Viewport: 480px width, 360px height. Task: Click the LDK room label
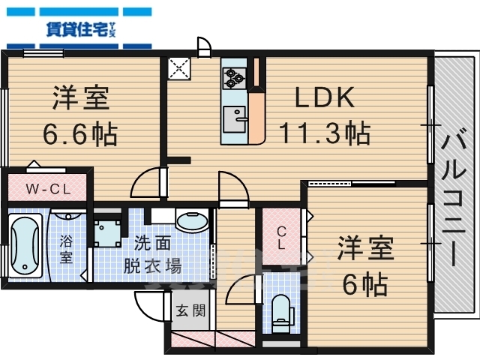pyautogui.click(x=323, y=98)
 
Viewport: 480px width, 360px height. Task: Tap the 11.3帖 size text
pyautogui.click(x=324, y=133)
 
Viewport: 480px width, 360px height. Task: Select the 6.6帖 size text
pyautogui.click(x=79, y=135)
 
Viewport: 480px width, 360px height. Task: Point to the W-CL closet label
pyautogui.click(x=48, y=189)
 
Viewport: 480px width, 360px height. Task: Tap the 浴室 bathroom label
pyautogui.click(x=67, y=248)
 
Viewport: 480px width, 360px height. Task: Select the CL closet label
pyautogui.click(x=282, y=238)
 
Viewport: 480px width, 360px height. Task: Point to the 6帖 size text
pyautogui.click(x=364, y=284)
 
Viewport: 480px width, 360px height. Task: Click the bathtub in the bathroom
pyautogui.click(x=25, y=244)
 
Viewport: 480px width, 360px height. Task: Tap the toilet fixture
pyautogui.click(x=282, y=313)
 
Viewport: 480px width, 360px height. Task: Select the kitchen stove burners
pyautogui.click(x=235, y=76)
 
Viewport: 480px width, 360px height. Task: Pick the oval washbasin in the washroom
pyautogui.click(x=193, y=223)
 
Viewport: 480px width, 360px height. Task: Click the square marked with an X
pyautogui.click(x=181, y=69)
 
